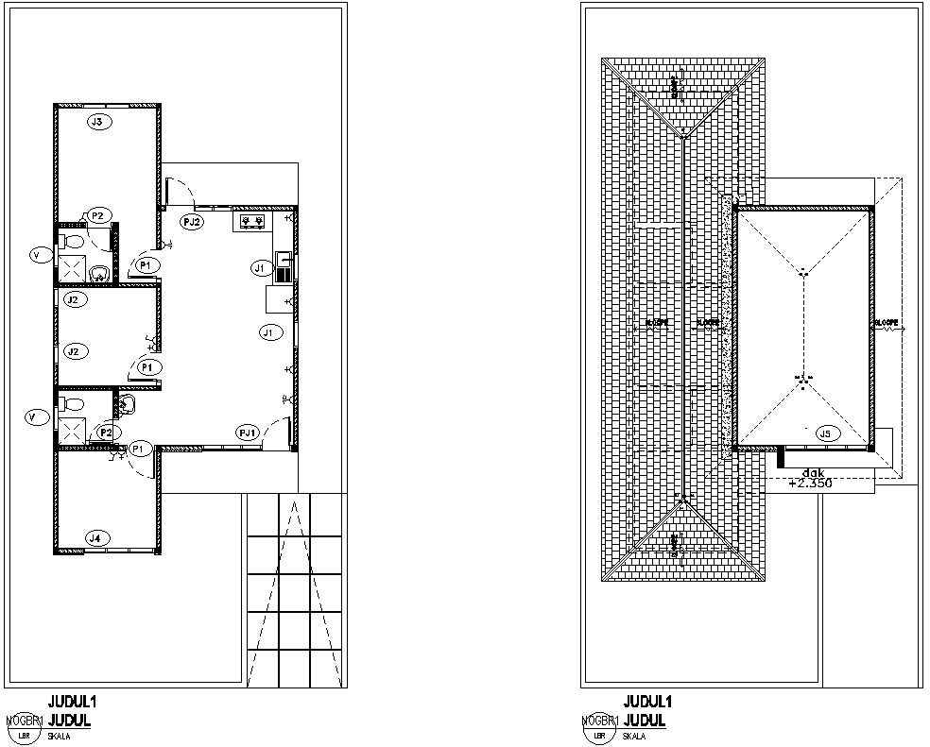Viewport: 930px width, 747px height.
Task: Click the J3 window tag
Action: tap(96, 122)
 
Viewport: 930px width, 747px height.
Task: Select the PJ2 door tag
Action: tap(192, 222)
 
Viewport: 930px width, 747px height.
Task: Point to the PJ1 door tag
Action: tap(249, 432)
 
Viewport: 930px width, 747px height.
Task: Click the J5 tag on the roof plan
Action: tap(825, 433)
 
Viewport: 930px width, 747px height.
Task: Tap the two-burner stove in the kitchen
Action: tap(250, 222)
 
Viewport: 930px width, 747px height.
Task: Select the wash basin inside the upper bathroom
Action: tap(99, 273)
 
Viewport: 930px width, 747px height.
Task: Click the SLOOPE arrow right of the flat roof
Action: tap(888, 328)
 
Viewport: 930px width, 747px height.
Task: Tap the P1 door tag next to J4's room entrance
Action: tap(139, 448)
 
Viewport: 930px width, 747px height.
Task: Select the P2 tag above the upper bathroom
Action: tap(96, 215)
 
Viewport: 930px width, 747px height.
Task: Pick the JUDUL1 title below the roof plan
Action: tap(647, 702)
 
